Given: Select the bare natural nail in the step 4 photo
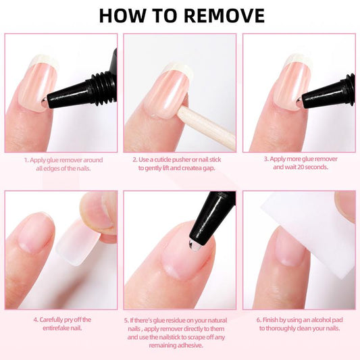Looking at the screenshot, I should [x=34, y=233].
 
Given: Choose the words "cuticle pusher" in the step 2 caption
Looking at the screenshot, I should [x=174, y=160].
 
